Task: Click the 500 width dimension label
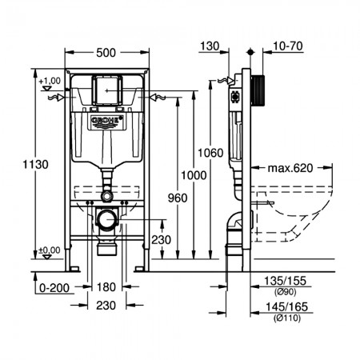[x=106, y=53]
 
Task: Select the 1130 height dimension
[x=35, y=164]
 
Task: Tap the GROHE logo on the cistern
[x=107, y=120]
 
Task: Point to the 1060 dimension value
[x=210, y=153]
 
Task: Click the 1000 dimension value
[x=194, y=175]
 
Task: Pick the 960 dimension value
[x=178, y=198]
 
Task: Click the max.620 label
[x=290, y=168]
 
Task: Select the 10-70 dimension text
[x=288, y=46]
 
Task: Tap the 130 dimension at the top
[x=210, y=46]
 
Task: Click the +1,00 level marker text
[x=50, y=81]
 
